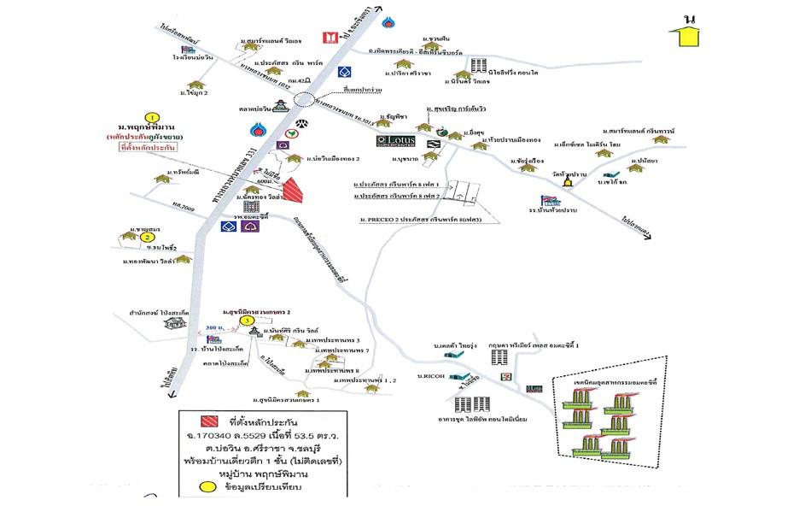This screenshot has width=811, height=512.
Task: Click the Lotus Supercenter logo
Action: [397, 141]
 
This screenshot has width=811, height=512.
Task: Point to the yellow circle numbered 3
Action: [246, 321]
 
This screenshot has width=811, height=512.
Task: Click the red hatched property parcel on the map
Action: [292, 189]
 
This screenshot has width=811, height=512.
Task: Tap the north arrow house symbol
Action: [684, 35]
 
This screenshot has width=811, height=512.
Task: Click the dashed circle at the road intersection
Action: [303, 99]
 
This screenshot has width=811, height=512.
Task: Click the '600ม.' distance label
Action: [265, 180]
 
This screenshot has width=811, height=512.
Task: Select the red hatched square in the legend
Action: [207, 421]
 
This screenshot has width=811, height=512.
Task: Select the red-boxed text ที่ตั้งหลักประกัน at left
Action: [143, 149]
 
